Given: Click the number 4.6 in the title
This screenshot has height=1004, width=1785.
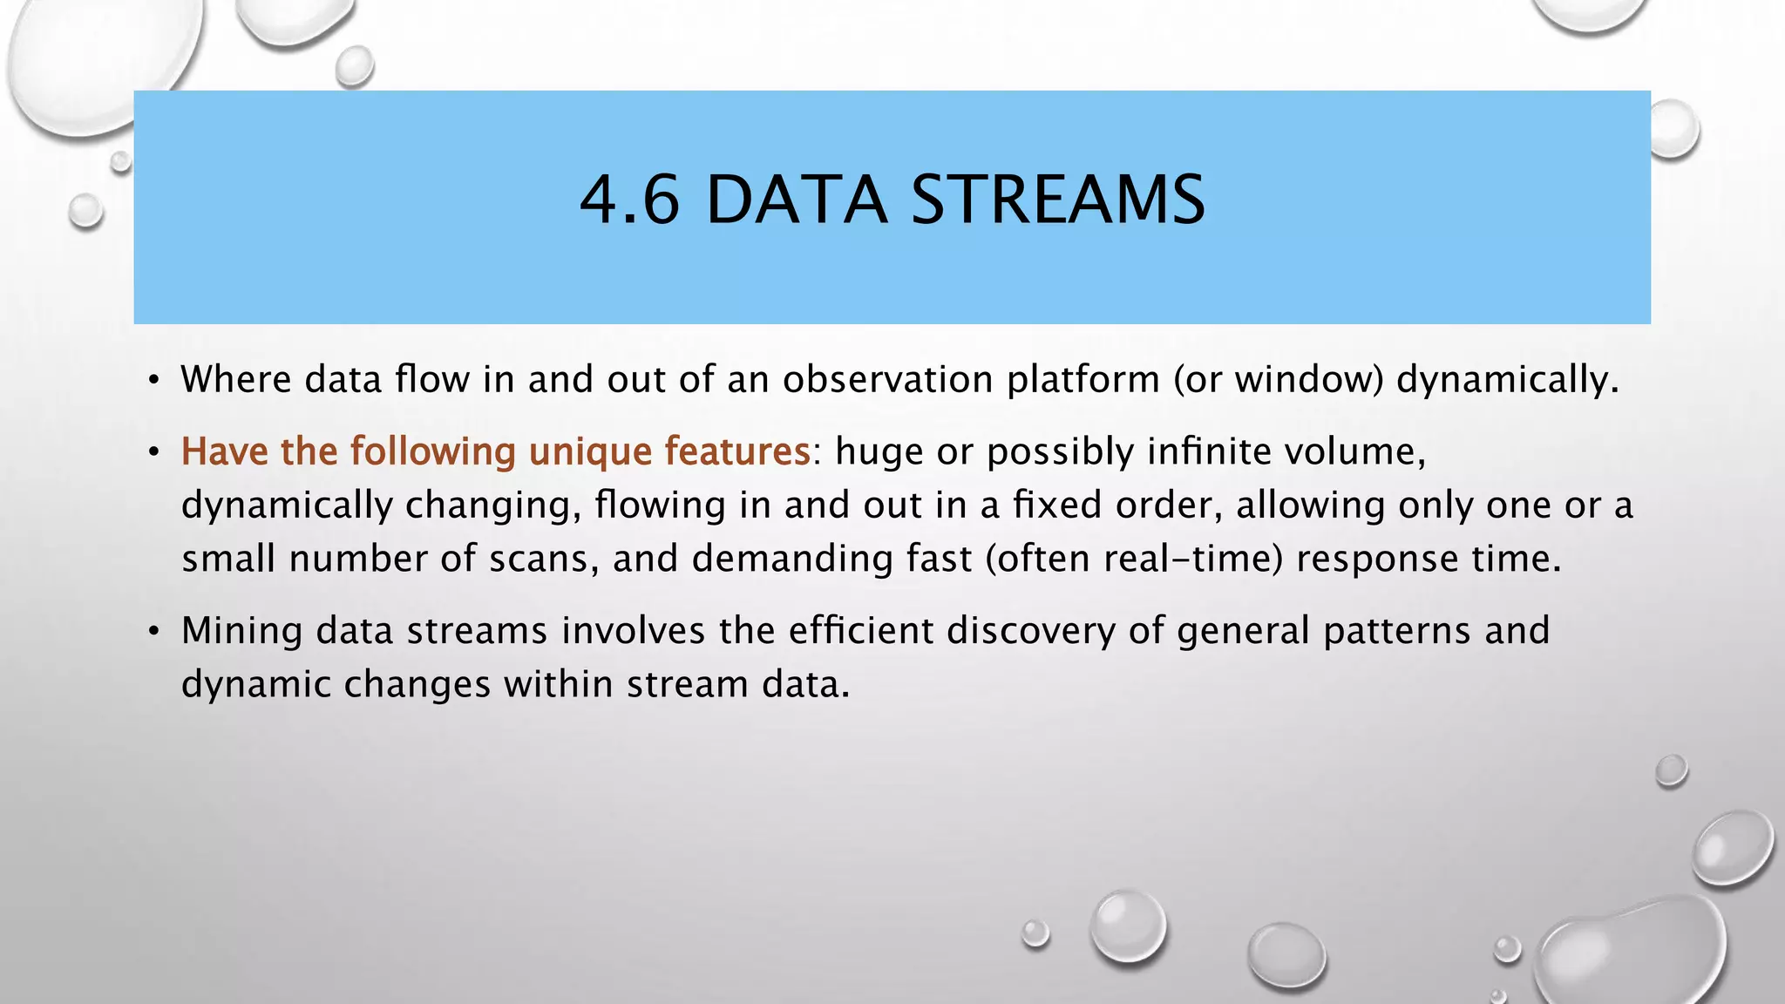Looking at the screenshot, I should point(629,200).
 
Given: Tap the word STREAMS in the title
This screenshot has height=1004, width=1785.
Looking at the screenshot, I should point(1058,200).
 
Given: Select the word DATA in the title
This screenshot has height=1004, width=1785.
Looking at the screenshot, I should point(796,200).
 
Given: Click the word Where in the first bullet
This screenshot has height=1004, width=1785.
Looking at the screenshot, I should point(235,379).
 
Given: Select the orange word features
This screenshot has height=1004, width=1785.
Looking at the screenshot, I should point(736,451).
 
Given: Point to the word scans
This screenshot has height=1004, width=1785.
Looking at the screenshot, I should point(543,559).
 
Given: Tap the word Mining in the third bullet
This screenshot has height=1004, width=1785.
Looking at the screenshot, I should point(241,631).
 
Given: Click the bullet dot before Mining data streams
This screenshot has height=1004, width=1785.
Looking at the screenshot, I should point(153,631).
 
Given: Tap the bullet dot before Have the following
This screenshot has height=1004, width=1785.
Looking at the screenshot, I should point(153,452).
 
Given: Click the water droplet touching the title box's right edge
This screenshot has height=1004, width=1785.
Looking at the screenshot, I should point(1673,129).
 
